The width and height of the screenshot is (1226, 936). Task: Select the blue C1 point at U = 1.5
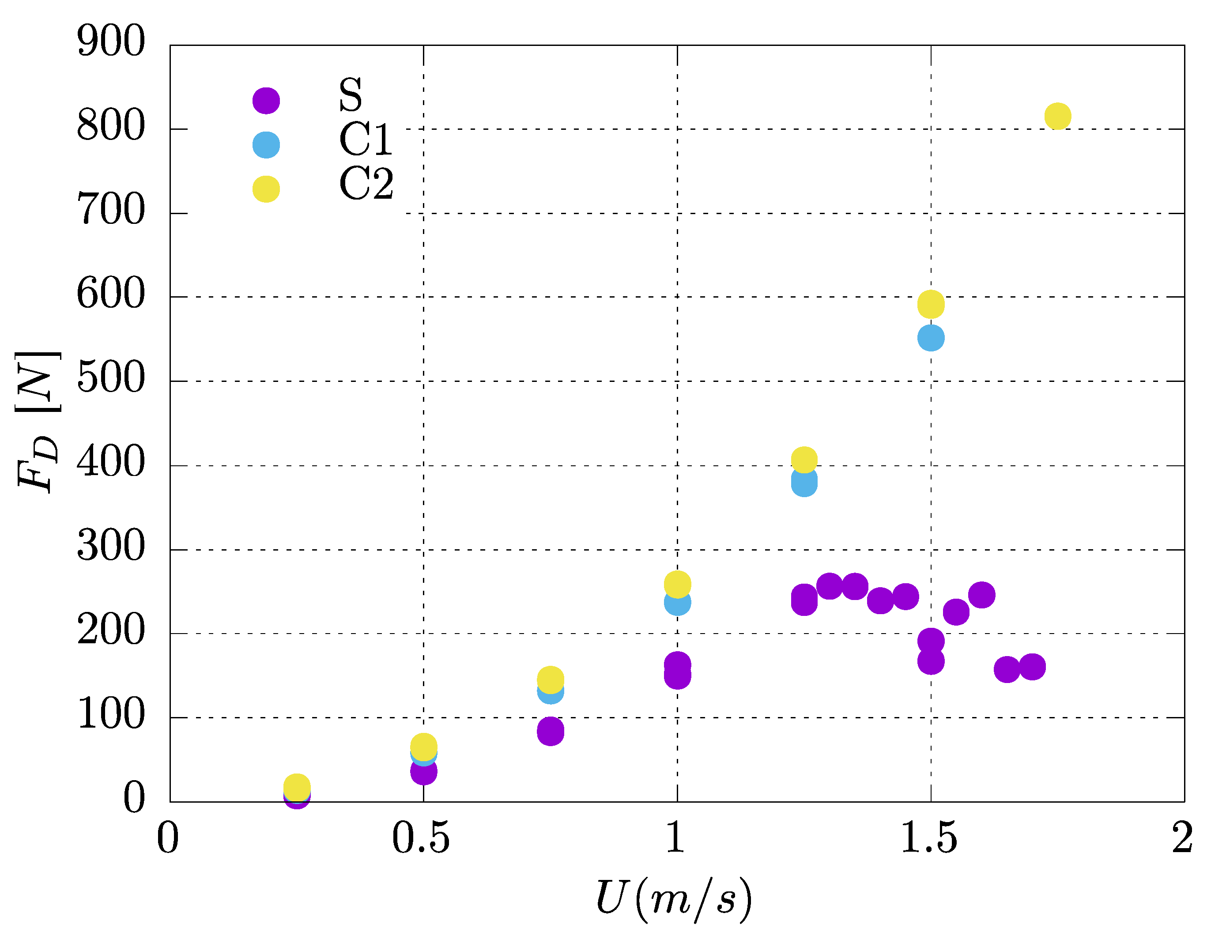(x=931, y=338)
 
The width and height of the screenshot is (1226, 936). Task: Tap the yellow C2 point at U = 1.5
(x=931, y=304)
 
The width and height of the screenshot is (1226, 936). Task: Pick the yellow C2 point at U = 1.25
(x=804, y=460)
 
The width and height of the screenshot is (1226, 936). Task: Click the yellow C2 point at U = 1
(x=677, y=584)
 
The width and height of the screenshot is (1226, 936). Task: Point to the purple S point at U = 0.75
(x=551, y=731)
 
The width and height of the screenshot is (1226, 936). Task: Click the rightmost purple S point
(x=1032, y=667)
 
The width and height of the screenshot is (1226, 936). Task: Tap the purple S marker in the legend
(x=266, y=101)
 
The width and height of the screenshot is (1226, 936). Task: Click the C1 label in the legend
(x=366, y=139)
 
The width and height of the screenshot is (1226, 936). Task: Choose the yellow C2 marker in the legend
(x=266, y=189)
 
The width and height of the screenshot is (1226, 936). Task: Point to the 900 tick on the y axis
(x=111, y=41)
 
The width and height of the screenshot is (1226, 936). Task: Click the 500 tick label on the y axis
(x=111, y=378)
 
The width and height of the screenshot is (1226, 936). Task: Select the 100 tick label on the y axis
(x=111, y=714)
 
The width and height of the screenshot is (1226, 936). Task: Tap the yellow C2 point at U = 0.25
(x=297, y=787)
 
